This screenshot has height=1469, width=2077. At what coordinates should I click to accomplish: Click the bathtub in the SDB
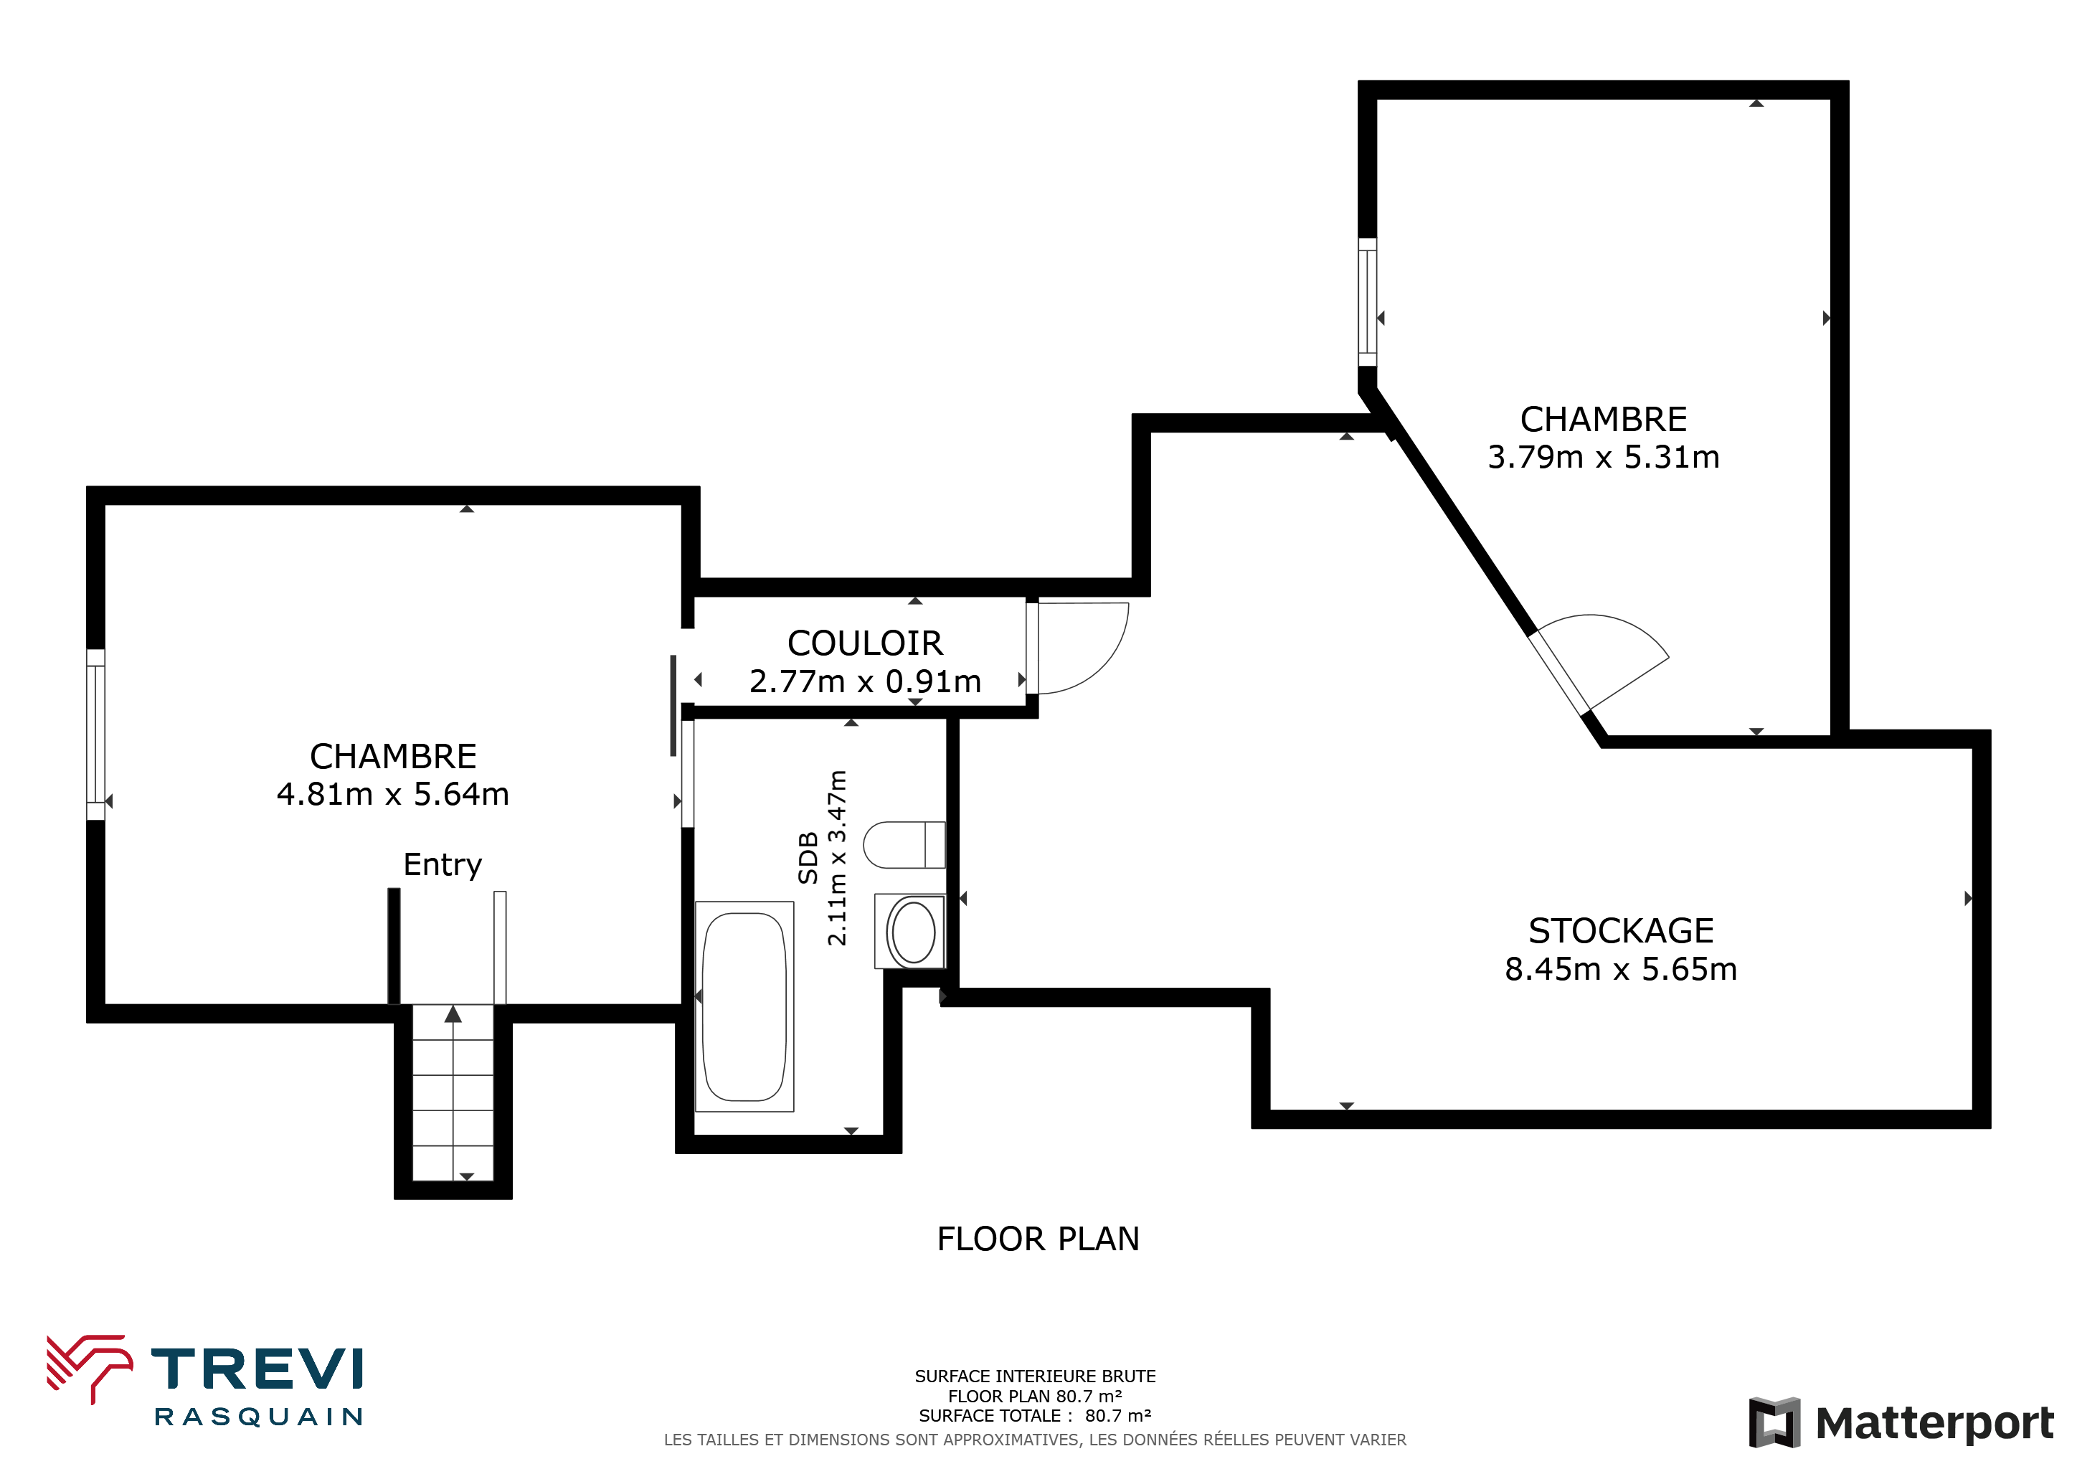click(744, 1006)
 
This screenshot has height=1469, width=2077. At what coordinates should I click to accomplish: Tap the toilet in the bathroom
click(904, 845)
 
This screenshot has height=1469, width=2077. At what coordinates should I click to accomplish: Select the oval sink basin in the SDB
click(913, 932)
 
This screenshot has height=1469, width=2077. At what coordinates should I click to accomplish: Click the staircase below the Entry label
click(453, 1092)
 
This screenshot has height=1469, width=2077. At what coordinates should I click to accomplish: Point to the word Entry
click(443, 865)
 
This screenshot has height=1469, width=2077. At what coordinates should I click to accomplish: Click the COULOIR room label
click(865, 643)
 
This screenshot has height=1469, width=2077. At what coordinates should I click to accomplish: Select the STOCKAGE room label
click(1621, 931)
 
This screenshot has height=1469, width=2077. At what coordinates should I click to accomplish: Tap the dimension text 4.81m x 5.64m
click(392, 794)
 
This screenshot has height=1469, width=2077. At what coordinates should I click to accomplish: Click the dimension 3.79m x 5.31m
click(1604, 458)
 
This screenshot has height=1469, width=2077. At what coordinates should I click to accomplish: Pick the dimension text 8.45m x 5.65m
click(1621, 970)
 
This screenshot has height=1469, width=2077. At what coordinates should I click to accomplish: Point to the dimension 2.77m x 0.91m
click(865, 681)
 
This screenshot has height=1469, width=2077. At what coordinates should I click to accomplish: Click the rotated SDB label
click(808, 858)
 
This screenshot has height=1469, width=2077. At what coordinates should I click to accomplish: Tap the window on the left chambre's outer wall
click(96, 734)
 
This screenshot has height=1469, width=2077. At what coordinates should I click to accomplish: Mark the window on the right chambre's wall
click(1368, 302)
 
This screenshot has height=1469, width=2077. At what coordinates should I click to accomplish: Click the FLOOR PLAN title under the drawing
click(1038, 1239)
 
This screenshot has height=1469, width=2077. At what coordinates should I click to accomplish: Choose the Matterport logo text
click(1934, 1424)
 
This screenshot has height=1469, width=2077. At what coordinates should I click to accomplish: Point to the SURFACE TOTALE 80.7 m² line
click(1035, 1416)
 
